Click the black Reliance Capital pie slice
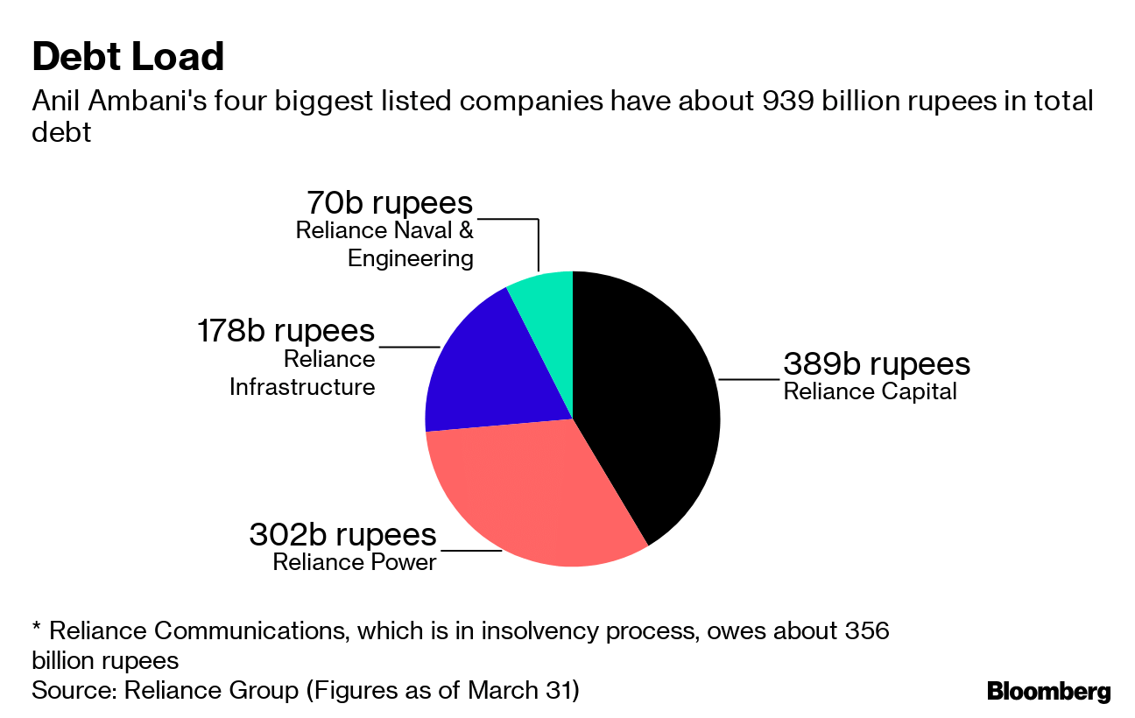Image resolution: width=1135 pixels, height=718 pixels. [x=648, y=403]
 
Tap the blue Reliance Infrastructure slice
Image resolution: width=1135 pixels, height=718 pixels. [x=490, y=368]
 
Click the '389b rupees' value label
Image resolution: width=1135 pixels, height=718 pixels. [x=877, y=363]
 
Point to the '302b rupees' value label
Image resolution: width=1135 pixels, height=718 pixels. [x=342, y=533]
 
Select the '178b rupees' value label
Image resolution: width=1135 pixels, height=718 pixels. [x=285, y=331]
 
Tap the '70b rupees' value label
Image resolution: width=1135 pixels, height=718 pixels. [x=389, y=202]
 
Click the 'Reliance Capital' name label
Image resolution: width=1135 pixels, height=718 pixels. [x=870, y=391]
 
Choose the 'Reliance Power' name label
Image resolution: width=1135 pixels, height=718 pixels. [x=354, y=561]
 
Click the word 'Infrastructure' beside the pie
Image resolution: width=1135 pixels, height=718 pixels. [x=302, y=387]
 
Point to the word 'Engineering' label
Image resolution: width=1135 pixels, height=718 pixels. [x=410, y=258]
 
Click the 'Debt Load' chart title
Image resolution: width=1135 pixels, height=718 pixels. [x=128, y=57]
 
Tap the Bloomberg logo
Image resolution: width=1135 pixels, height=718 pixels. [x=1048, y=691]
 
